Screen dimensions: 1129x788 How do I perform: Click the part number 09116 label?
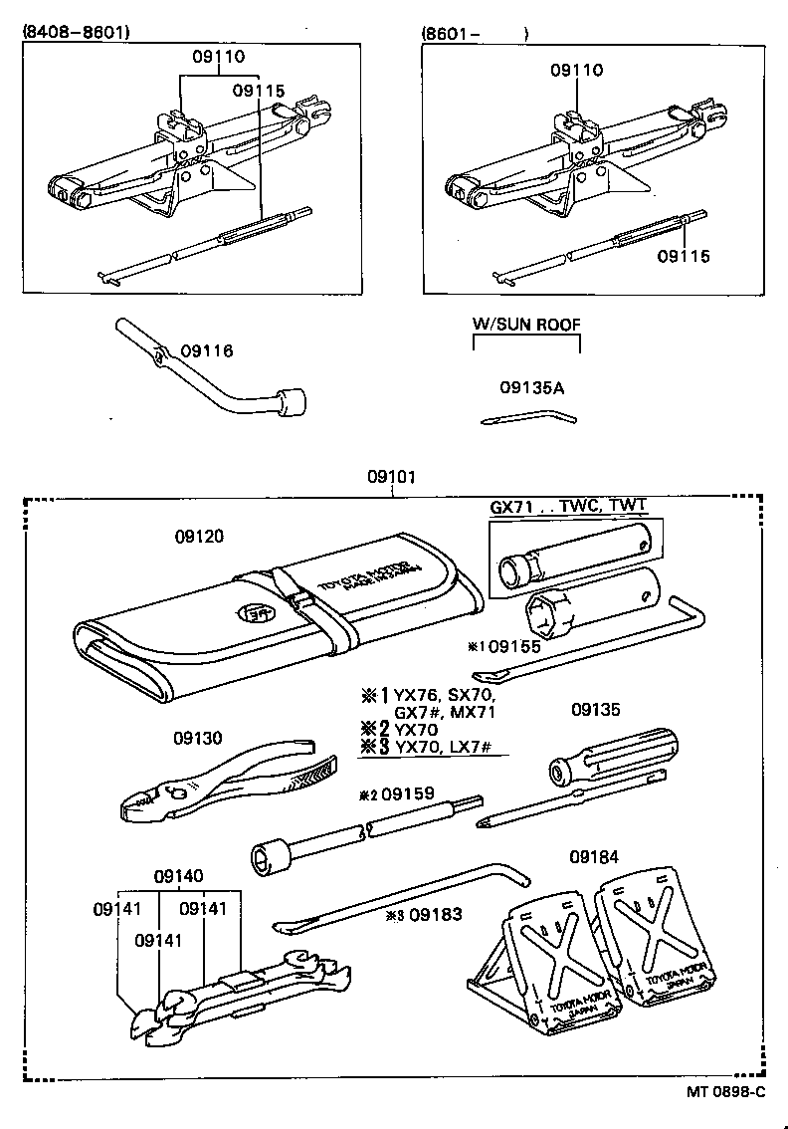[x=206, y=350]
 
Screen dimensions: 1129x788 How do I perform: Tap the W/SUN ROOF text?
[x=525, y=325]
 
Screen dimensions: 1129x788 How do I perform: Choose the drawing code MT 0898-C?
[x=725, y=1091]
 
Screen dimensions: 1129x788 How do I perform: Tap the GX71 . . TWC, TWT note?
[x=568, y=506]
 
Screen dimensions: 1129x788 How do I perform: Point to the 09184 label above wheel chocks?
[x=595, y=856]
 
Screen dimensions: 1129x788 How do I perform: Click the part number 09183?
[x=435, y=914]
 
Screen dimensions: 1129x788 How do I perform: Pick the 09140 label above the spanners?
[x=178, y=876]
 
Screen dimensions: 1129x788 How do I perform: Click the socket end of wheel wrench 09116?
[x=295, y=403]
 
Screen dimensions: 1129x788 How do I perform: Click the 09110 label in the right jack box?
[x=577, y=71]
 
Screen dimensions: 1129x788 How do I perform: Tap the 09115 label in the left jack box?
[x=259, y=91]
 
